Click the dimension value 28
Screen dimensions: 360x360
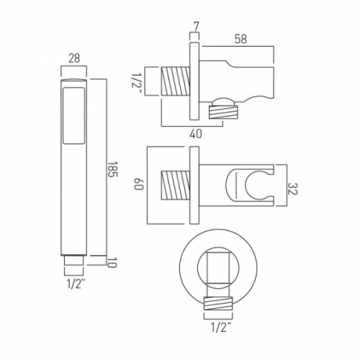coord(74,58)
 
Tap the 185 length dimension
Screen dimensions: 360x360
coord(112,169)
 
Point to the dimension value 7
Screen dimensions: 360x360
coord(196,27)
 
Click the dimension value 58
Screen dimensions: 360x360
coord(240,39)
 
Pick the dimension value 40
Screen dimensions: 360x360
coord(196,133)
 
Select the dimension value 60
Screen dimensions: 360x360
coord(138,184)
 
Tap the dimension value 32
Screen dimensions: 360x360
coord(292,189)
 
